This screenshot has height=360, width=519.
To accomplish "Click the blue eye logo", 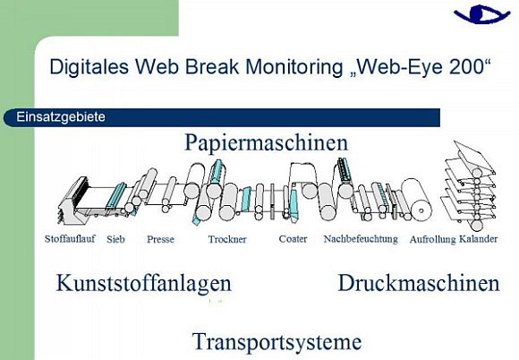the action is (481, 14).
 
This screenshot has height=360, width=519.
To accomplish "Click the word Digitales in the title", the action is (89, 66).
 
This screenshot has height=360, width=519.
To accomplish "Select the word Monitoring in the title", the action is (294, 66).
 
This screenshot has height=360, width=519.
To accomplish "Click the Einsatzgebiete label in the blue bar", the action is (61, 117).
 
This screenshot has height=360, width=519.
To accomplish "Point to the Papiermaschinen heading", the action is (267, 142).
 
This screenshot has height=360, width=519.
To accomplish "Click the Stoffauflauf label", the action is (70, 238).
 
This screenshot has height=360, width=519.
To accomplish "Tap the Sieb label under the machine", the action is (115, 239).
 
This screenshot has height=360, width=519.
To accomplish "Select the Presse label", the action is (160, 239).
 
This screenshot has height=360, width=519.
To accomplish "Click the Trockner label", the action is (227, 239).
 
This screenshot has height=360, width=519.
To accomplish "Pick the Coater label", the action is (293, 238).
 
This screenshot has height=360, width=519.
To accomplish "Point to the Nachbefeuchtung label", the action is (361, 239).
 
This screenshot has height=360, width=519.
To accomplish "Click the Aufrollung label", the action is (432, 239).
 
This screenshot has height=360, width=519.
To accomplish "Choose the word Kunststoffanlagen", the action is (144, 284).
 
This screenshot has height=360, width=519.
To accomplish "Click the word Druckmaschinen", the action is (419, 283).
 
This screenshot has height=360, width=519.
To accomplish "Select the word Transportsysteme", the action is (277, 342).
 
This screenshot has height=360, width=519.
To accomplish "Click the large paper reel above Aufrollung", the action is (416, 199).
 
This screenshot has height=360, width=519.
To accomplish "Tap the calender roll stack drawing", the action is (470, 185).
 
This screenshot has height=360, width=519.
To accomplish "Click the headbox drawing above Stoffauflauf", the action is (73, 200).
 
